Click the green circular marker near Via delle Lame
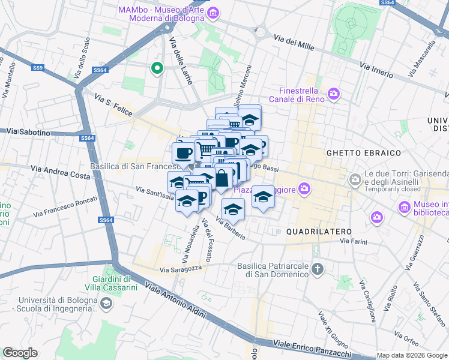click(157, 68)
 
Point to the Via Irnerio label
click(376, 70)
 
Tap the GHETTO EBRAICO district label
click(355, 153)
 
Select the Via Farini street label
click(354, 241)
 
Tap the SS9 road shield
click(38, 68)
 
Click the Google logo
click(20, 353)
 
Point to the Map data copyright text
click(412, 355)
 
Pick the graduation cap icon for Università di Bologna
click(106, 304)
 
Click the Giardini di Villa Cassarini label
click(115, 283)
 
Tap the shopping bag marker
click(222, 178)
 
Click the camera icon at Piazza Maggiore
click(304, 189)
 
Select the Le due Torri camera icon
click(356, 178)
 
